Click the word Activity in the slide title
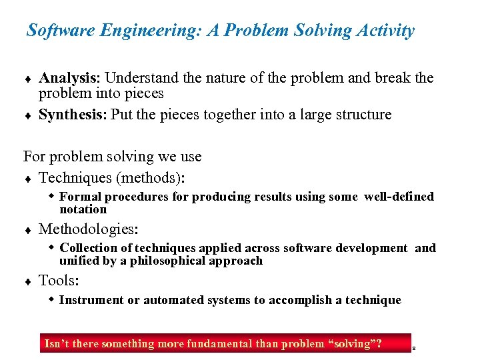386,31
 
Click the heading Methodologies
89,229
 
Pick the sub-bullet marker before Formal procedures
52,196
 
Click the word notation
83,209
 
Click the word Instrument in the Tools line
91,300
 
